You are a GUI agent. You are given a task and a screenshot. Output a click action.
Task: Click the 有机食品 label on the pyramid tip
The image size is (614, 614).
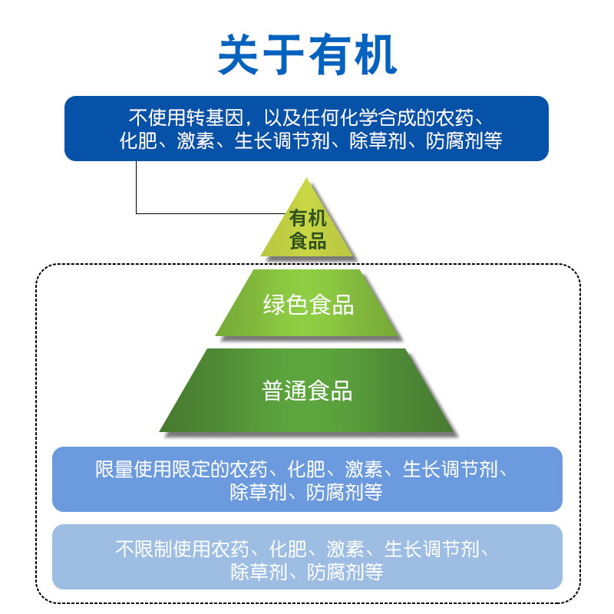[307, 229]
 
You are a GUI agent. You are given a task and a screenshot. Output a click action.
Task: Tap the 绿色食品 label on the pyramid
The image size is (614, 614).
[308, 305]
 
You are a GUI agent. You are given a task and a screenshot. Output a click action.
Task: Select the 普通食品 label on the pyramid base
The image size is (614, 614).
[307, 391]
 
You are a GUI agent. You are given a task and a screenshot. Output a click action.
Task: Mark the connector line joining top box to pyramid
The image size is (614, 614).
[137, 192]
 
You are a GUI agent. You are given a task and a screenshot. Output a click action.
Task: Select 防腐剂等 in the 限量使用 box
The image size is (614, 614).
[344, 492]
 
